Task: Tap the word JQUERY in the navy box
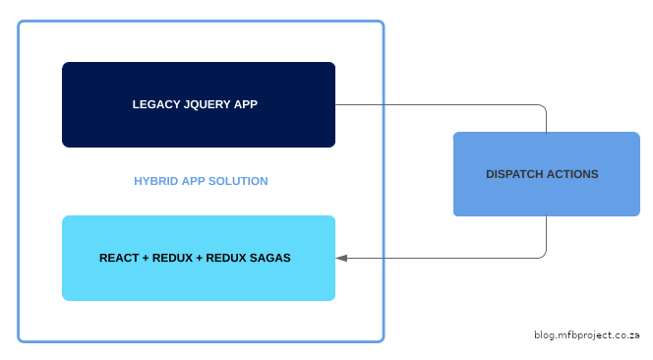pyautogui.click(x=208, y=104)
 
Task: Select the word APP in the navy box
pyautogui.click(x=247, y=104)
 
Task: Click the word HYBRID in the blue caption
pyautogui.click(x=155, y=182)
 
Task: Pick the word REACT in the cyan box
pyautogui.click(x=119, y=259)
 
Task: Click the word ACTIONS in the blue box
pyautogui.click(x=575, y=174)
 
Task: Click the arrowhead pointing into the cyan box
pyautogui.click(x=341, y=258)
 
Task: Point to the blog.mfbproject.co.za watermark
pyautogui.click(x=587, y=335)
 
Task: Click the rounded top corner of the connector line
pyautogui.click(x=544, y=107)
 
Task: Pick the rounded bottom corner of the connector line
pyautogui.click(x=544, y=255)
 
